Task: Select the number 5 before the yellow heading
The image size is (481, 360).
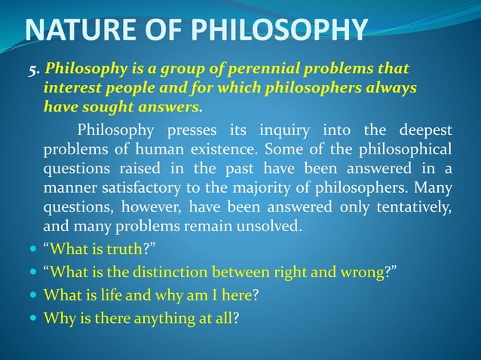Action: (x=33, y=71)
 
